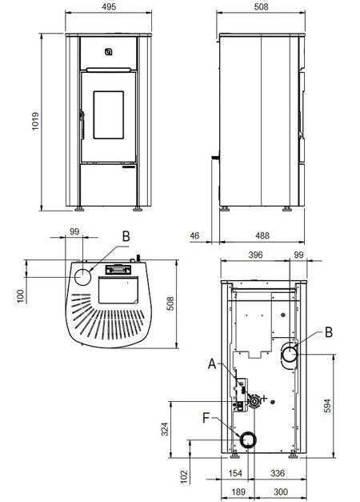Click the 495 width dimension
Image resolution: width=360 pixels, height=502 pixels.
click(109, 6)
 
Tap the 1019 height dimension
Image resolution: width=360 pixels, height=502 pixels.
click(35, 121)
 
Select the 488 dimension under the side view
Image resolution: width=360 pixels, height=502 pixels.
click(262, 235)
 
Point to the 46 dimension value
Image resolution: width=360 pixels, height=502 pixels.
click(194, 235)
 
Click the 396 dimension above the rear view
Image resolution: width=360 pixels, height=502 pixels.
click(255, 255)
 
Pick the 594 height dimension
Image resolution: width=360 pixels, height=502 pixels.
click(328, 405)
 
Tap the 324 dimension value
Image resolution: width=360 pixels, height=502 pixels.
click(165, 429)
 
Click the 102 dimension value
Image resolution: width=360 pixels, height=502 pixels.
click(184, 477)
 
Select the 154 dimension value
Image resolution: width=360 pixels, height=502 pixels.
click(236, 473)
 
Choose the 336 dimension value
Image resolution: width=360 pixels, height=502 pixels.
click(278, 473)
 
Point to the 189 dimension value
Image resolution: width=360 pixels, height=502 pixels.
click(238, 492)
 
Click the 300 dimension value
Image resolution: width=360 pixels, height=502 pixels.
click(281, 492)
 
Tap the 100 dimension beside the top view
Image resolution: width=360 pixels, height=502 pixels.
click(21, 296)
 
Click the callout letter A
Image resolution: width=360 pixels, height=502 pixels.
click(212, 364)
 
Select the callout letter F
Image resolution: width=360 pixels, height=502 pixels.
click(206, 418)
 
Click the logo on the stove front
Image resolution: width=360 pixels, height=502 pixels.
click(109, 52)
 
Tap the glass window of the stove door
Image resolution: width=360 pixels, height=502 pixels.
click(109, 115)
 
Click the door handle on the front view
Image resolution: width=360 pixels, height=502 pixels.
click(82, 124)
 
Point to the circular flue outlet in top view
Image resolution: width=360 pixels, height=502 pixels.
click(83, 276)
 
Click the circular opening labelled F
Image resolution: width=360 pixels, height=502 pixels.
click(248, 440)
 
